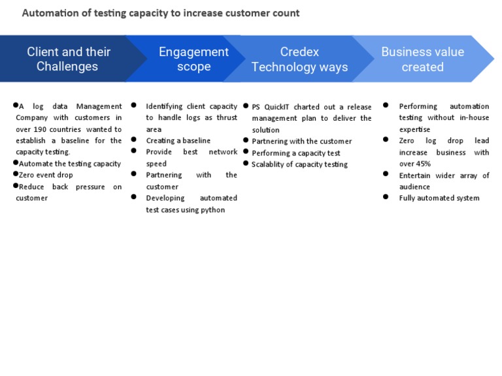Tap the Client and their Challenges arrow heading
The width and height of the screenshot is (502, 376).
tap(68, 59)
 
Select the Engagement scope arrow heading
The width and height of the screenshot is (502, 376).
tap(193, 59)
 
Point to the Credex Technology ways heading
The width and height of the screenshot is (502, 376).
tap(299, 59)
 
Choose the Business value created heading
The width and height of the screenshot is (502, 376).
tap(423, 59)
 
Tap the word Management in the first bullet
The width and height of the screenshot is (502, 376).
tap(99, 106)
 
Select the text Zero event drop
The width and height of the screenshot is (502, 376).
tap(46, 175)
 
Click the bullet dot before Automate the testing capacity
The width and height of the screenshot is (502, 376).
tap(16, 163)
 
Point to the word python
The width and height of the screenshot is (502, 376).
tap(213, 210)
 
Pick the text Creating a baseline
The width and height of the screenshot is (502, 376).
tap(178, 141)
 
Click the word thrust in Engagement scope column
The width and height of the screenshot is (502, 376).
tap(227, 117)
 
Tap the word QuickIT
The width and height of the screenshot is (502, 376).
tap(276, 107)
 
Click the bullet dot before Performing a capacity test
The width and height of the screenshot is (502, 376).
tap(246, 151)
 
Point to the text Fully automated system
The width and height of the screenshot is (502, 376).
tap(439, 198)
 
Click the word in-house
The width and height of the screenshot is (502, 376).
tap(474, 117)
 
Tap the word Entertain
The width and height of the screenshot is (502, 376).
tap(414, 176)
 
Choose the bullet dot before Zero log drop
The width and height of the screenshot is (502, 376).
tap(386, 140)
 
